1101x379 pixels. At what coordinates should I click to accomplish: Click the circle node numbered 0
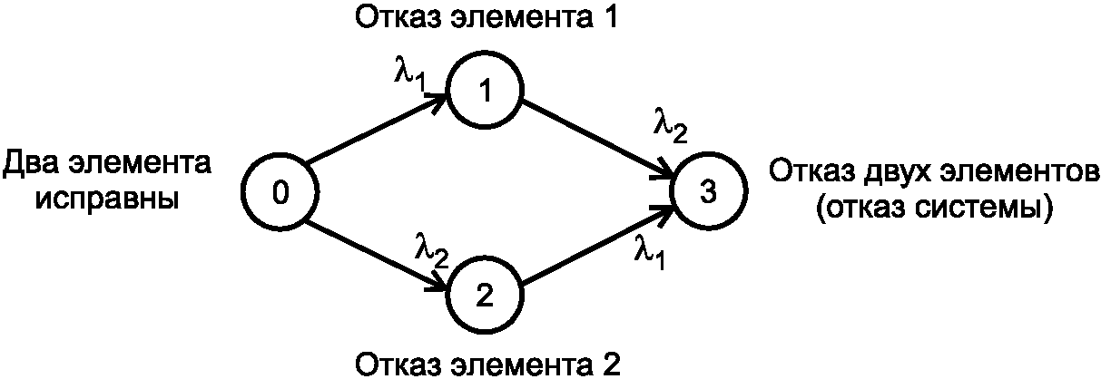[x=280, y=192]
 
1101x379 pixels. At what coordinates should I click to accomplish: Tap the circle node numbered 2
[x=487, y=294]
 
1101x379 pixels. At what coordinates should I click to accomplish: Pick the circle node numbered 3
[x=709, y=192]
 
